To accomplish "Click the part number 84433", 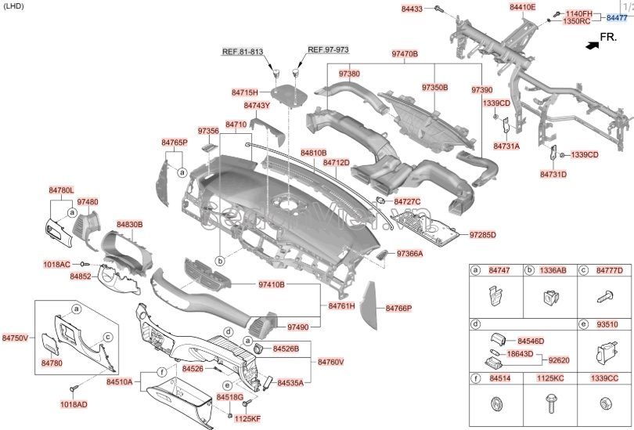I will pyautogui.click(x=412, y=9).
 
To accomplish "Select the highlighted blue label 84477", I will pyautogui.click(x=617, y=17).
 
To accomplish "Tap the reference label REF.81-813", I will pyautogui.click(x=243, y=51).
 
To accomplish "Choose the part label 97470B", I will pyautogui.click(x=405, y=54).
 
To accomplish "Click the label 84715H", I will pyautogui.click(x=245, y=92).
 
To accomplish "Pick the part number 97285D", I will pyautogui.click(x=483, y=234).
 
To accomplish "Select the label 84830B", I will pyautogui.click(x=130, y=224).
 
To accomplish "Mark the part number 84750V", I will pyautogui.click(x=15, y=338).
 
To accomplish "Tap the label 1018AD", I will pyautogui.click(x=74, y=404).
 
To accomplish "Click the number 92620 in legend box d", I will pyautogui.click(x=559, y=360).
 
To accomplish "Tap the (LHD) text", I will pyautogui.click(x=13, y=6).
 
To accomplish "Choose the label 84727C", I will pyautogui.click(x=407, y=201).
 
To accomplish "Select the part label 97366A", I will pyautogui.click(x=409, y=254).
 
